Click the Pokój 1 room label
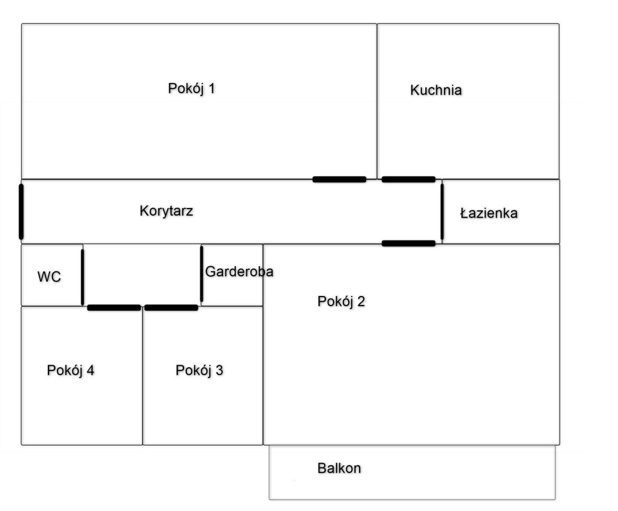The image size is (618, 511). [x=192, y=88]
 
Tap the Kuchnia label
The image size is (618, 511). [x=435, y=90]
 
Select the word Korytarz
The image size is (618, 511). [x=166, y=211]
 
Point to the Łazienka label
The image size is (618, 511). [x=489, y=214]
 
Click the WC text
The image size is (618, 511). [x=49, y=277]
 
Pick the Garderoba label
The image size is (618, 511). [x=239, y=271]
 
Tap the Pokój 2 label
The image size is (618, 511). [x=341, y=302]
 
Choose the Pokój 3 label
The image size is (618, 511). [x=200, y=371]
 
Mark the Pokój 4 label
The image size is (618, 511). [x=71, y=370]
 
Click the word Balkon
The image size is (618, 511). [x=339, y=469]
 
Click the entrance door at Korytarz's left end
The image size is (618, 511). [x=21, y=211]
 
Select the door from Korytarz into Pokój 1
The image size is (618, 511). [x=339, y=179]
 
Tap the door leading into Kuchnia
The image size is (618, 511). [x=408, y=179]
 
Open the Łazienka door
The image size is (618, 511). [x=442, y=211]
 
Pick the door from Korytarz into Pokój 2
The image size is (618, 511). [x=408, y=244]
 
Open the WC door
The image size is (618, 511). [x=83, y=277]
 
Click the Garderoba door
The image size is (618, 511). [x=202, y=274]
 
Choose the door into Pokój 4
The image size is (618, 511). [x=114, y=308]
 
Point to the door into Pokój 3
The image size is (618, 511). [x=171, y=308]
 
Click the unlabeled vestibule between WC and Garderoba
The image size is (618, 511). [x=142, y=274]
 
